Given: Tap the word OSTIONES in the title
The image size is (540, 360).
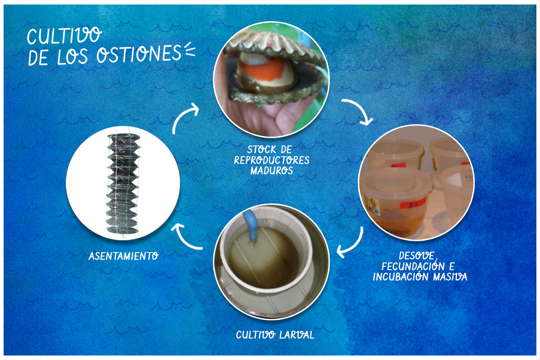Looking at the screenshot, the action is pyautogui.click(x=139, y=53).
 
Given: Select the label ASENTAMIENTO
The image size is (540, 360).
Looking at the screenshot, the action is pyautogui.click(x=124, y=256).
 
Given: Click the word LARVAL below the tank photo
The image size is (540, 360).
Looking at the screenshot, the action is pyautogui.click(x=297, y=335).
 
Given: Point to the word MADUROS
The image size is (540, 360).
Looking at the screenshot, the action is pyautogui.click(x=272, y=171).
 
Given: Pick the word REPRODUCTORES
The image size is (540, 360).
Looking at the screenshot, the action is pyautogui.click(x=272, y=160).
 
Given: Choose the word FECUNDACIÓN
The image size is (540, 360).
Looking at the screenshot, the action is pyautogui.click(x=413, y=266).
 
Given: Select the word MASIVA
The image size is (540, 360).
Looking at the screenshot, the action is pyautogui.click(x=450, y=277).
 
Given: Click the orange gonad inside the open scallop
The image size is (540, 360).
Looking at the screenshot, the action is pyautogui.click(x=261, y=70).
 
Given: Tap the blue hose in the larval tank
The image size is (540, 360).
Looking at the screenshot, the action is pyautogui.click(x=251, y=225).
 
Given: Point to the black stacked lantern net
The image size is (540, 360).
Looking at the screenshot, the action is pyautogui.click(x=123, y=184).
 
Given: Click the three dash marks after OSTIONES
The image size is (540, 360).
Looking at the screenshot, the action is pyautogui.click(x=190, y=49).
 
